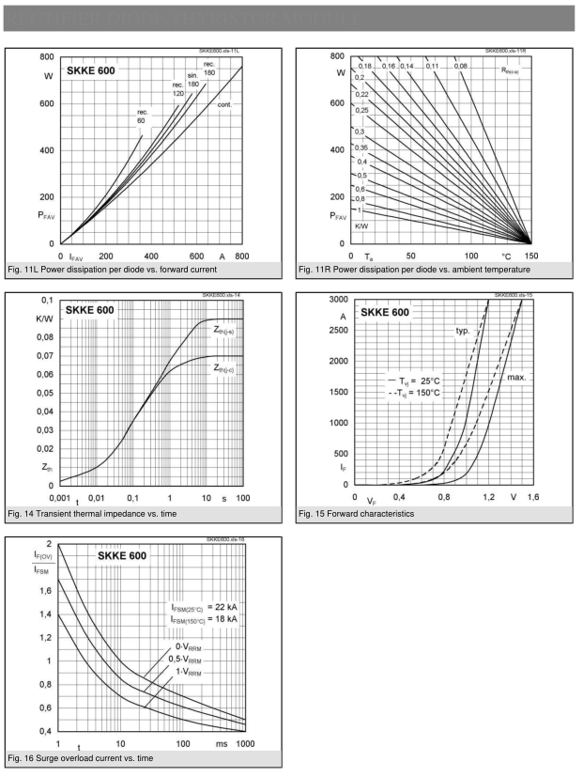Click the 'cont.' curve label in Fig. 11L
(x=224, y=104)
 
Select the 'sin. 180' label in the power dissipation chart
(x=193, y=81)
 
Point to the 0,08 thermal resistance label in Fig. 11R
(x=461, y=67)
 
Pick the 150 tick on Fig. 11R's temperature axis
(x=530, y=255)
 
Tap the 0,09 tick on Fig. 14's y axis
(x=43, y=319)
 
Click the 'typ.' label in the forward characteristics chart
(x=463, y=331)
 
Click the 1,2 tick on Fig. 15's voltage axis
(x=489, y=496)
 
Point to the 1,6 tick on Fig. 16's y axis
(x=43, y=590)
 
